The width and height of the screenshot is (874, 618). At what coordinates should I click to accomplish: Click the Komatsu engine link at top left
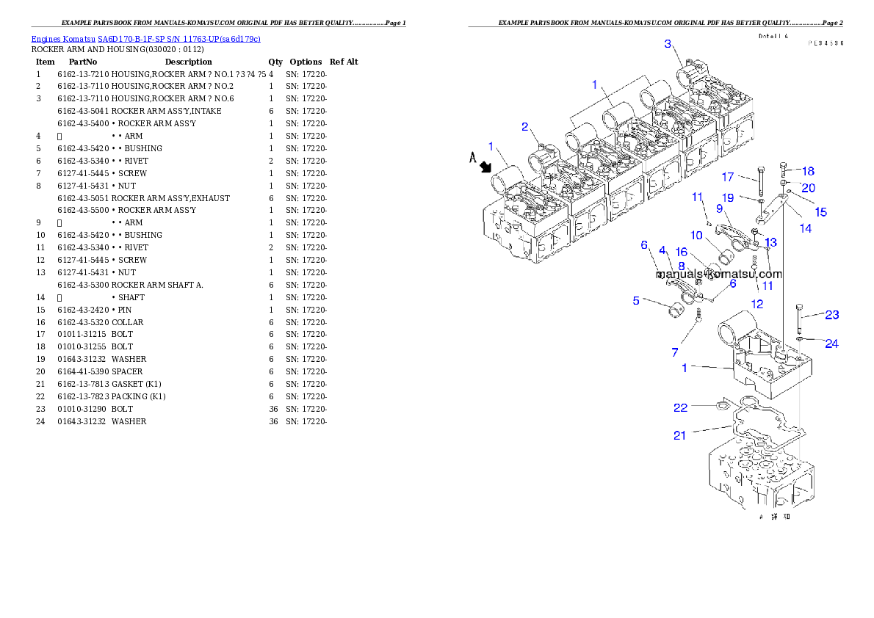pos(145,39)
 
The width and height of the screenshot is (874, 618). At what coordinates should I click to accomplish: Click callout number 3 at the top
pos(668,44)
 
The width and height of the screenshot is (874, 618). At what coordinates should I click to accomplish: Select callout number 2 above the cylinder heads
pos(525,127)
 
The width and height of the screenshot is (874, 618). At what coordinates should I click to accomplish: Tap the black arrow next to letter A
pos(485,167)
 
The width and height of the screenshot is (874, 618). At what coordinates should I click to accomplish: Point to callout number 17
pos(728,177)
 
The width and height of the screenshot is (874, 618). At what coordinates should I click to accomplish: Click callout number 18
pos(808,171)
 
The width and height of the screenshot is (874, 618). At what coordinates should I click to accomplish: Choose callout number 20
pos(808,188)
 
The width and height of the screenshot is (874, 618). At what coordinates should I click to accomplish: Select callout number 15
pos(821,212)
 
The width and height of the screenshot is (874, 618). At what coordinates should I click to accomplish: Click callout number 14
pos(806,228)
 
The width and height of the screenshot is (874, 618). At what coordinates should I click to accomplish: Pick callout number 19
pos(727,197)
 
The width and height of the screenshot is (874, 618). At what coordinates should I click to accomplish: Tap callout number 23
pos(831,315)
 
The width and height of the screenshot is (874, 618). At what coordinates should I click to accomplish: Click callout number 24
pos(831,343)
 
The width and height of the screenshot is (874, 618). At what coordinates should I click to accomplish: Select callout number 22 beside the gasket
pos(681,407)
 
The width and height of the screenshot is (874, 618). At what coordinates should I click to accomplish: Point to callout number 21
pos(679,435)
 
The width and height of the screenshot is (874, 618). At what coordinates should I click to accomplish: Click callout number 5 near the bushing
pos(636,299)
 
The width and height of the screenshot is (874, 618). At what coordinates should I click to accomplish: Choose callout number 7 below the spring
pos(675,353)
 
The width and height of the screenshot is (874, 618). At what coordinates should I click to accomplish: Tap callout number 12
pos(756,303)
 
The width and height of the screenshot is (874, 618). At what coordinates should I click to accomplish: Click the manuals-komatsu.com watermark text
pos(720,274)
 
